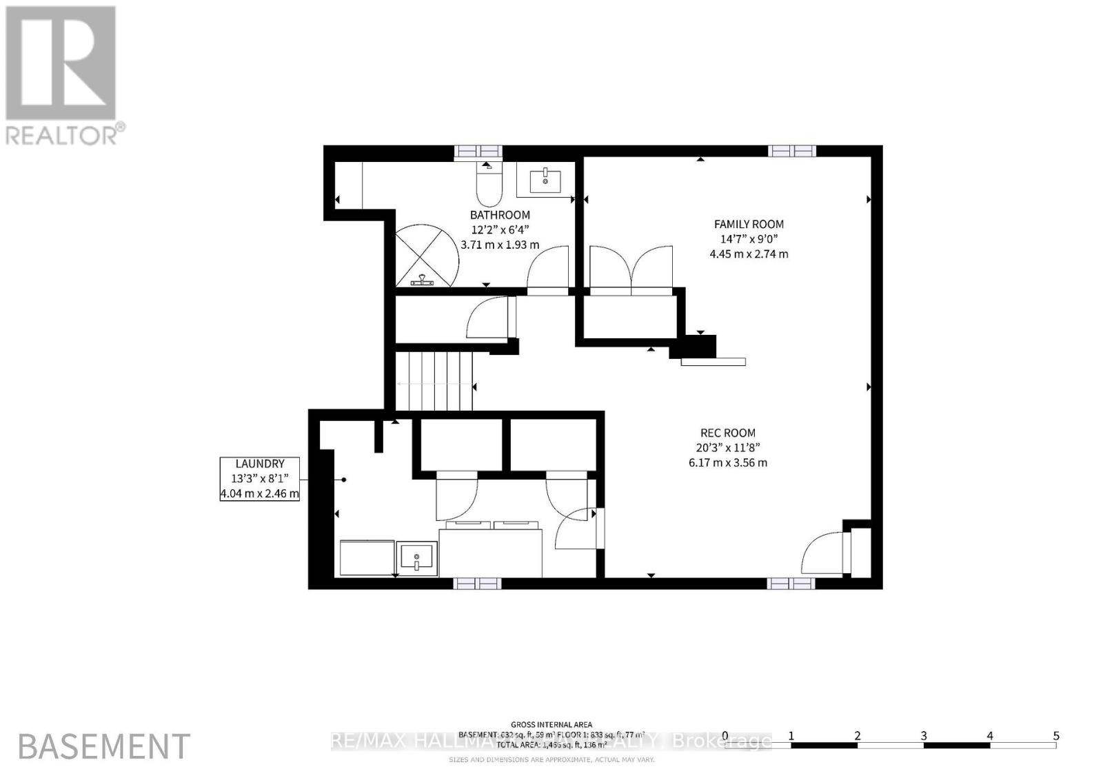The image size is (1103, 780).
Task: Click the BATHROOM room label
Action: pyautogui.click(x=500, y=215)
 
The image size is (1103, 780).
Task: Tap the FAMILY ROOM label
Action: pyautogui.click(x=749, y=224)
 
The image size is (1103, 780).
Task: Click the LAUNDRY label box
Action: pyautogui.click(x=259, y=478)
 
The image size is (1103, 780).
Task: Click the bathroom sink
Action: pyautogui.click(x=545, y=181)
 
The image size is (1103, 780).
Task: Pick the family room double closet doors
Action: pyautogui.click(x=631, y=270)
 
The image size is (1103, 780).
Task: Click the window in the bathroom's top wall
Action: pyautogui.click(x=478, y=152)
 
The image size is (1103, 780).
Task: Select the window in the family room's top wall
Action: pyautogui.click(x=792, y=151)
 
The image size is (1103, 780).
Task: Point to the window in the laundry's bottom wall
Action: pyautogui.click(x=476, y=584)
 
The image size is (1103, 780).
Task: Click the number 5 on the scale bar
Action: pyautogui.click(x=1055, y=736)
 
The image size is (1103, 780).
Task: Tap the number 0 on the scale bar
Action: pyautogui.click(x=725, y=736)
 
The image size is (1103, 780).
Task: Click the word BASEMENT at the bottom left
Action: pyautogui.click(x=104, y=747)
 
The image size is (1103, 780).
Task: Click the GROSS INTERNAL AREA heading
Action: pyautogui.click(x=552, y=724)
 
